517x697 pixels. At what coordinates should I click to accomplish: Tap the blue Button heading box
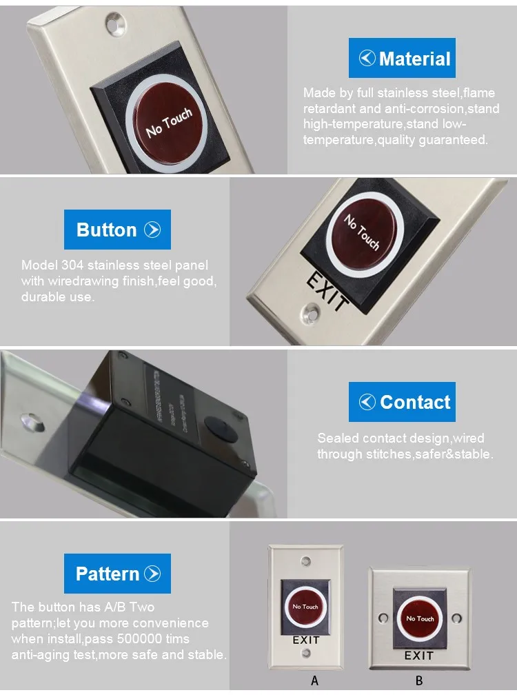(117, 230)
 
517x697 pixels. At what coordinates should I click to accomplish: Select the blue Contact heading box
(402, 401)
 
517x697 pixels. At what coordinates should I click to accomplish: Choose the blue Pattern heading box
(117, 574)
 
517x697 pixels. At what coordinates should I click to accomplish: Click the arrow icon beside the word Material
(367, 59)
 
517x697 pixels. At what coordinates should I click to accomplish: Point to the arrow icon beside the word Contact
(368, 402)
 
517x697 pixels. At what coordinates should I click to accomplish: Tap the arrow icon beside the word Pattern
(152, 574)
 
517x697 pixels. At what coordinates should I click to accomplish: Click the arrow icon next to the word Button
(152, 230)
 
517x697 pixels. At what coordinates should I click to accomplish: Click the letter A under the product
(315, 680)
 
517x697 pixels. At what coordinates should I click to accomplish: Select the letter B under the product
(419, 680)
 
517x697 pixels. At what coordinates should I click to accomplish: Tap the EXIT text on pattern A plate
(306, 640)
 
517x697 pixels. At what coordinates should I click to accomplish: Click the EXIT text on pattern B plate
(418, 655)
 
